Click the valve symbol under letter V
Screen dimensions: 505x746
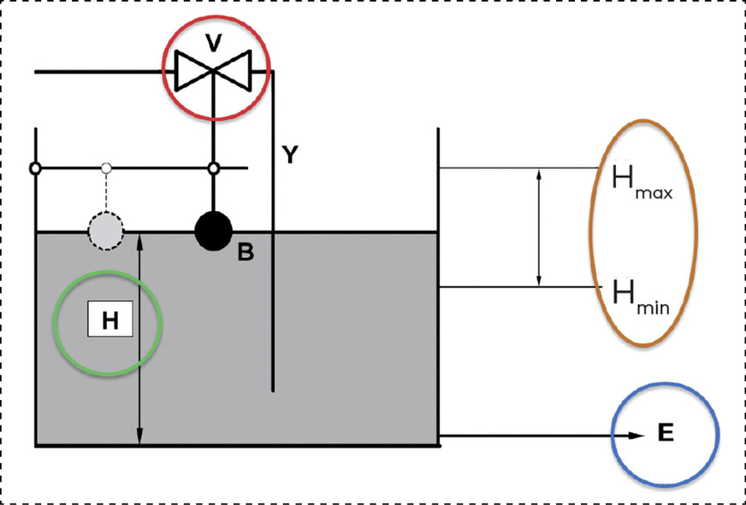pyautogui.click(x=212, y=70)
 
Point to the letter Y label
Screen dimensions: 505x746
pyautogui.click(x=291, y=155)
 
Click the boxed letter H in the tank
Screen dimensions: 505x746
pyautogui.click(x=110, y=320)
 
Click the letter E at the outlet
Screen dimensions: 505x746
pyautogui.click(x=666, y=433)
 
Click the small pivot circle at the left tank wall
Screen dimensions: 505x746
pyautogui.click(x=35, y=168)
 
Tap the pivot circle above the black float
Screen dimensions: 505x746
pyautogui.click(x=214, y=168)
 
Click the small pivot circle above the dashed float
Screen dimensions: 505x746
pyautogui.click(x=106, y=167)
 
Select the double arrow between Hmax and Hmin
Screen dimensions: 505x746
pyautogui.click(x=539, y=227)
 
